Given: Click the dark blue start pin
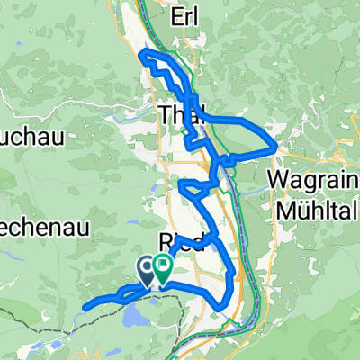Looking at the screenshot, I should click(x=147, y=265).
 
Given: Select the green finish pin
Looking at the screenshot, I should click(x=163, y=265).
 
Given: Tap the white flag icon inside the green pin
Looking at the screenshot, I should click(x=163, y=264).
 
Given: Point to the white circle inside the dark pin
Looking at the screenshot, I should click(x=147, y=264).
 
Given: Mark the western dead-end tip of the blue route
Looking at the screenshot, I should click(x=84, y=309).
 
